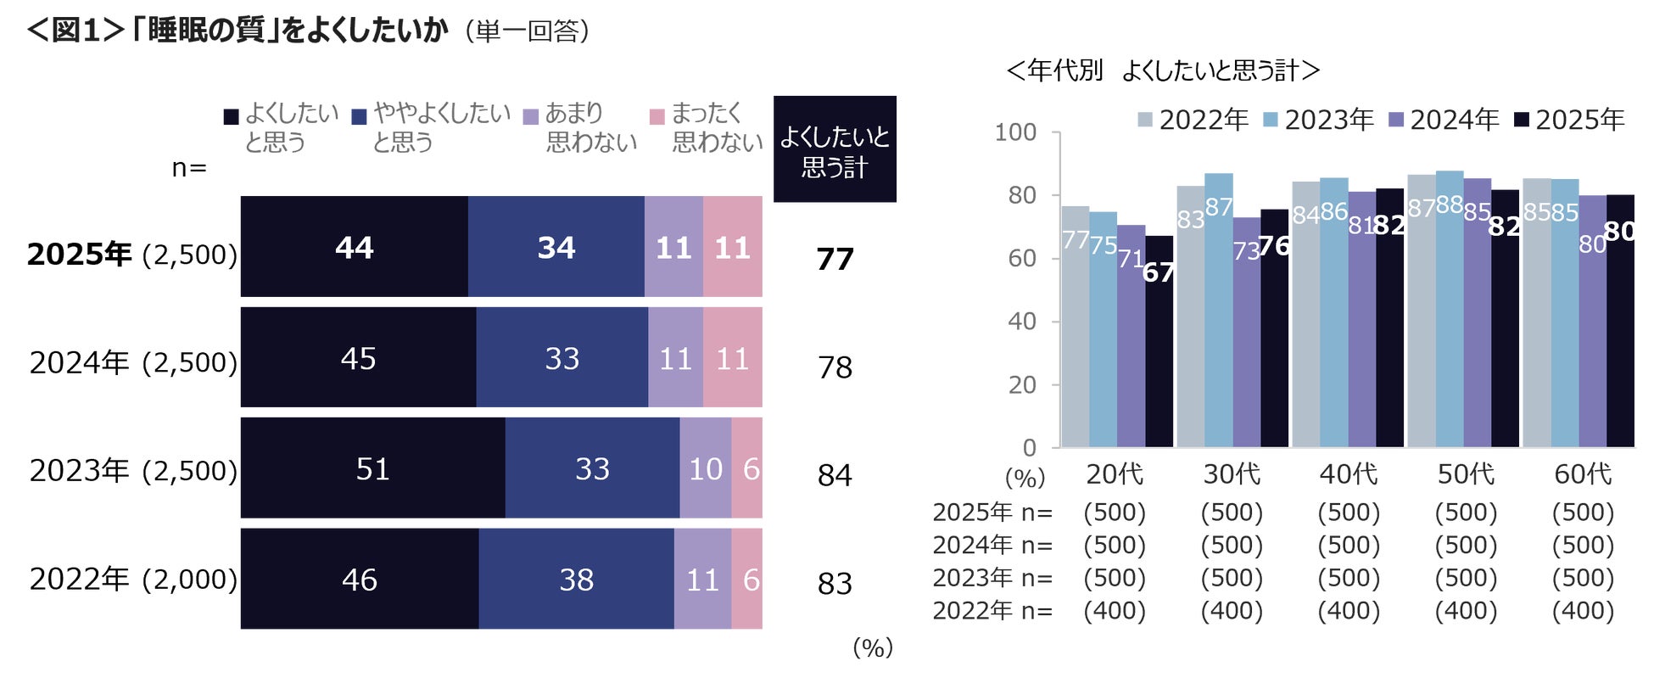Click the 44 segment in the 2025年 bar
tap(354, 247)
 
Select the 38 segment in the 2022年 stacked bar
tap(576, 580)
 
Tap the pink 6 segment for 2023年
tap(747, 468)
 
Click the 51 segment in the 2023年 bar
tap(372, 468)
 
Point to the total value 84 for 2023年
tap(835, 475)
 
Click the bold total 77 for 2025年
tap(835, 259)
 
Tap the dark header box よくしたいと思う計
tap(835, 149)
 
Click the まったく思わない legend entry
tap(706, 127)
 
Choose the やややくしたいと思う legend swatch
tap(359, 117)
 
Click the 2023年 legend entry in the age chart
tap(1319, 120)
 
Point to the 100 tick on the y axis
tap(1015, 132)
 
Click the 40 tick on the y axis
tap(1021, 322)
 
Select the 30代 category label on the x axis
tap(1232, 474)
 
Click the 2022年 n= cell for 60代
tap(1583, 611)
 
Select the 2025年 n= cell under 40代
tap(1349, 513)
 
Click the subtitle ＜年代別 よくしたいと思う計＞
tap(1162, 70)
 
